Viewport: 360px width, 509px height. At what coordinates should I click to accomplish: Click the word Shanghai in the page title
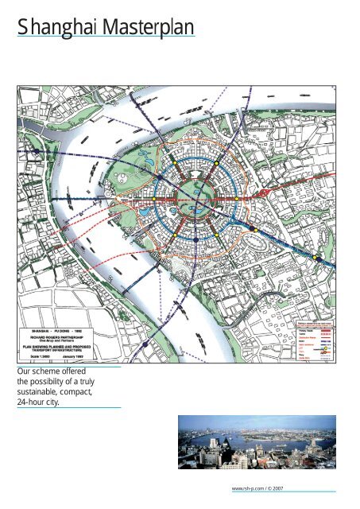(x=56, y=29)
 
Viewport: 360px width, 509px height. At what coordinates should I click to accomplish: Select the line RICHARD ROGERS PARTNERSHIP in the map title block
(x=65, y=336)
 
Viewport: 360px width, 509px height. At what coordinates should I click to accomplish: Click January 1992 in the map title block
(x=90, y=356)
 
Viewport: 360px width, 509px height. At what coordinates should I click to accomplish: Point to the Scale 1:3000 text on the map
(x=43, y=356)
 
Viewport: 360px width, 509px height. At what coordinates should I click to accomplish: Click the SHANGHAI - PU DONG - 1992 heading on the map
(x=65, y=328)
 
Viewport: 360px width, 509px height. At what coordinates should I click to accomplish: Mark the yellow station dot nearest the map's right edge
(x=315, y=258)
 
